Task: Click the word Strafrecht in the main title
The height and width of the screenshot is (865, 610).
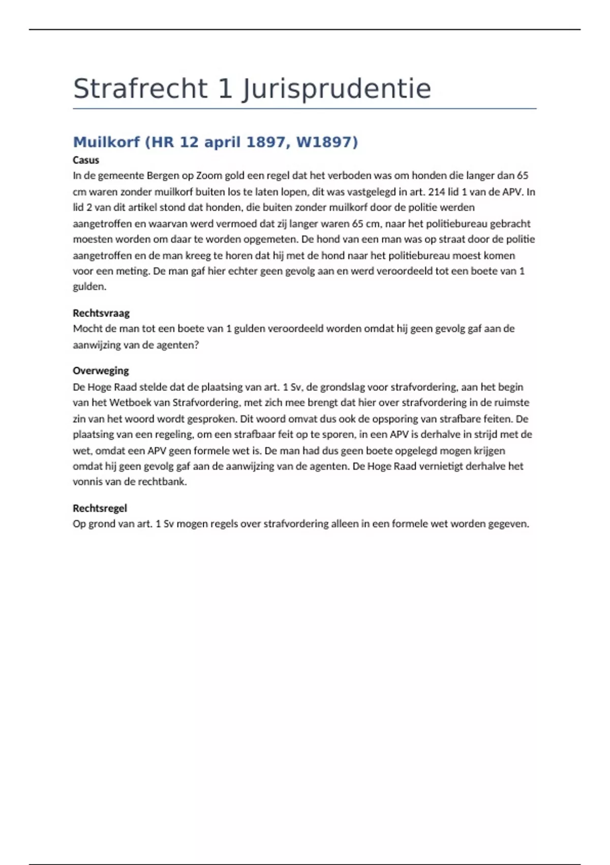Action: point(140,89)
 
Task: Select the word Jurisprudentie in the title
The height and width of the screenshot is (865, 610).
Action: point(337,90)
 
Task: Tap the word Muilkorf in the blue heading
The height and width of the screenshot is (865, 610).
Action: point(106,142)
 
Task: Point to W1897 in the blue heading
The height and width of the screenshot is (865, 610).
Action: point(327,142)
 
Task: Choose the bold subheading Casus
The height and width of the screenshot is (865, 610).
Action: point(86,160)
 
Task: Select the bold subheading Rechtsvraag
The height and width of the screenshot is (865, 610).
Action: point(101,313)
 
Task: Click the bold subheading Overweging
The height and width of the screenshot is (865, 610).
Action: point(101,371)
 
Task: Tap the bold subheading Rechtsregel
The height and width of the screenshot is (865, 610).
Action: point(100,508)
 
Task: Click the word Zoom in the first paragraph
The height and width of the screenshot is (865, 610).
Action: point(209,176)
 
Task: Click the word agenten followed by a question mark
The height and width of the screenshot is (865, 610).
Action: point(179,345)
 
